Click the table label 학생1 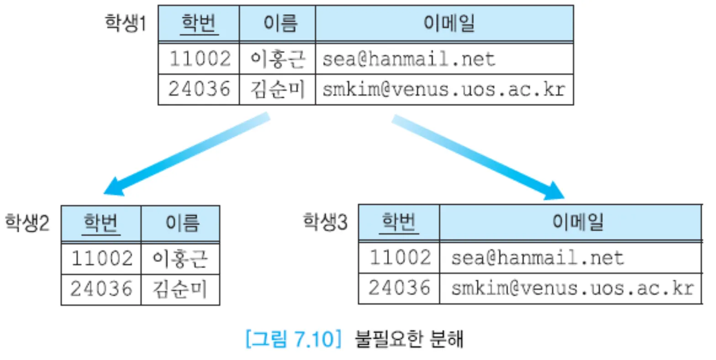126,23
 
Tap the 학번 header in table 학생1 199,23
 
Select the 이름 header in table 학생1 278,23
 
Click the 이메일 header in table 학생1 444,23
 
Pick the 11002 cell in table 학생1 199,58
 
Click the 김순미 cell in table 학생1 277,89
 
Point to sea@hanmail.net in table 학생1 409,59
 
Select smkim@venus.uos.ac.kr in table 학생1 443,89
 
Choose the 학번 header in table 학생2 101,223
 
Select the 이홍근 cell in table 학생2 180,259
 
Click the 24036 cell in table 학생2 101,289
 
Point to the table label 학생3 325,222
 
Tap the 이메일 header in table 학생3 571,222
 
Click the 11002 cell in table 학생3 399,258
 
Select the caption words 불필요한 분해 409,339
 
